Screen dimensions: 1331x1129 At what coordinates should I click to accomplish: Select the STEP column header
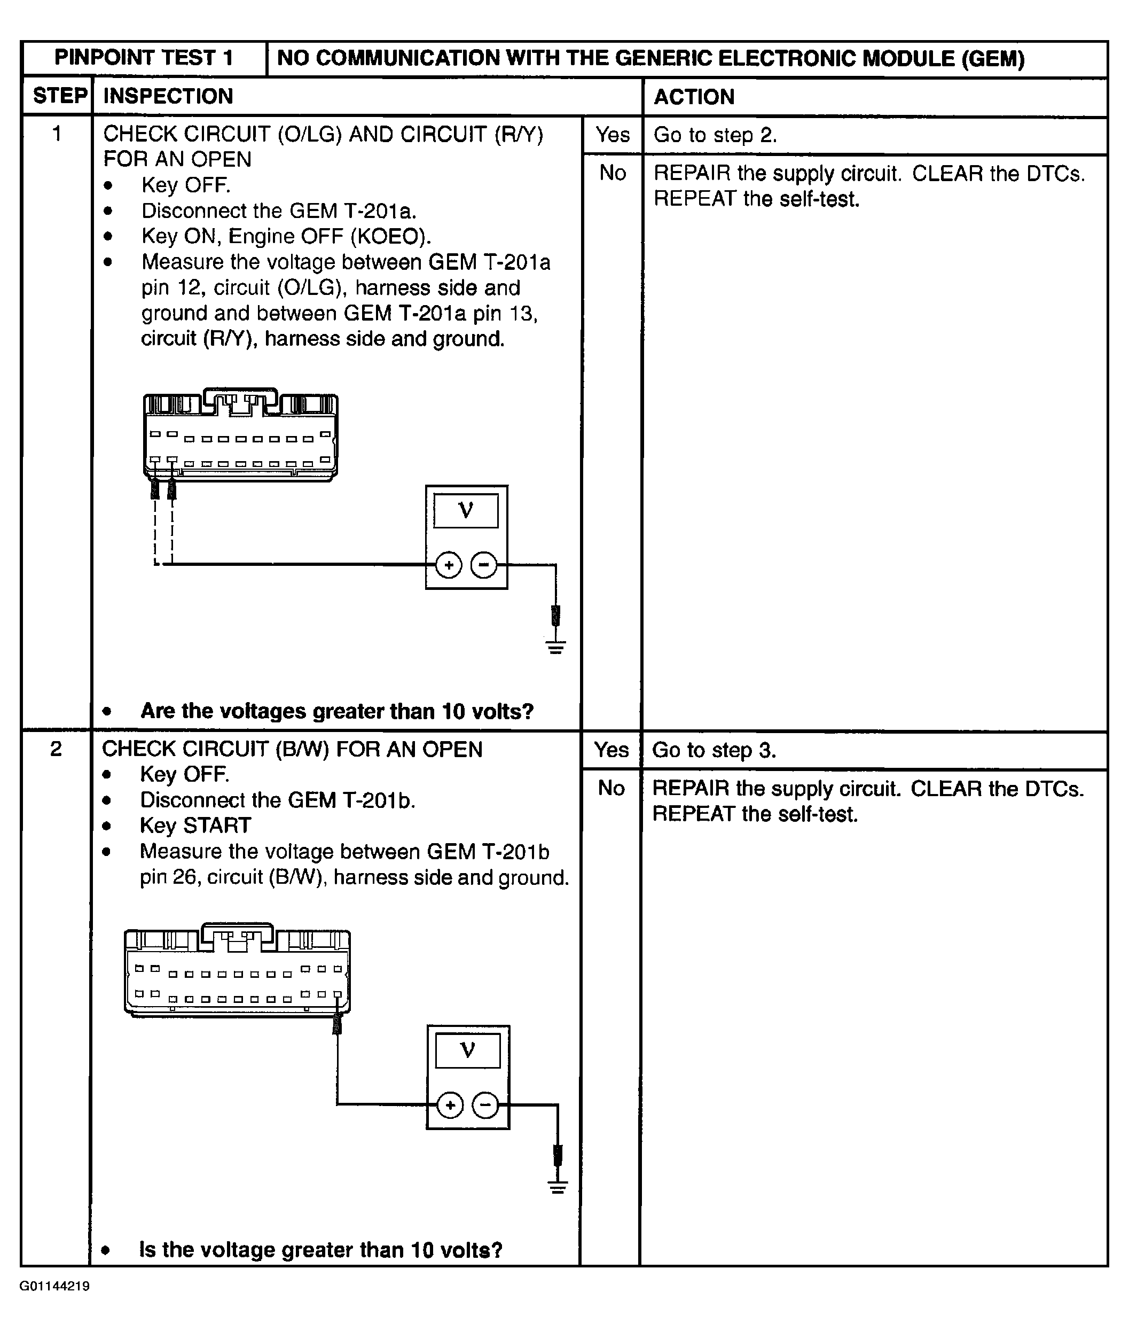(59, 96)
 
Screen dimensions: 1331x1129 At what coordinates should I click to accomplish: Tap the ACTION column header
(694, 97)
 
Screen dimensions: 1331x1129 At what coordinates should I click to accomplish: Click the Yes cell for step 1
(613, 135)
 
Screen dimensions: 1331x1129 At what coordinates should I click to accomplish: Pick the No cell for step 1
(613, 173)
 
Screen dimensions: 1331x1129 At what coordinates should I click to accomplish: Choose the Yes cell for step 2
(611, 750)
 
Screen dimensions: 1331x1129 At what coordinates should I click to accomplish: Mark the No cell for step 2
(611, 788)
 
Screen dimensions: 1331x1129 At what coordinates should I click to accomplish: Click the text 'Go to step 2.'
(715, 135)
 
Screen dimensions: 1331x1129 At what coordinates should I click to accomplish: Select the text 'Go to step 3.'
(714, 750)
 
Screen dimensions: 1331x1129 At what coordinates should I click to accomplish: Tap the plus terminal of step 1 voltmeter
(449, 565)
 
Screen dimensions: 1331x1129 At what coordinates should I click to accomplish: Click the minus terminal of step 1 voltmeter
(484, 565)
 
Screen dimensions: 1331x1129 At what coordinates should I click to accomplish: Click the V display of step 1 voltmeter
(466, 510)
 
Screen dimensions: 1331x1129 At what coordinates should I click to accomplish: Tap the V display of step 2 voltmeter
(467, 1050)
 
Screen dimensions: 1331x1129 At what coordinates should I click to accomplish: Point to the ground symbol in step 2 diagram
(558, 1186)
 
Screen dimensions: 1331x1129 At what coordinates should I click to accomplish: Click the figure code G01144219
(54, 1286)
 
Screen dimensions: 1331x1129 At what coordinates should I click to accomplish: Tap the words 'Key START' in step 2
(195, 826)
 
